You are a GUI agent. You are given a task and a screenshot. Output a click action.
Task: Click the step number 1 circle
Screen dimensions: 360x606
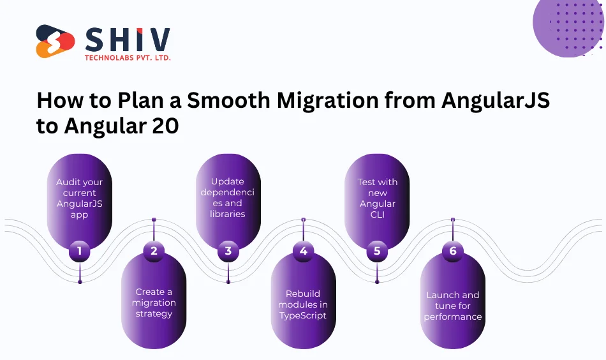tap(80, 251)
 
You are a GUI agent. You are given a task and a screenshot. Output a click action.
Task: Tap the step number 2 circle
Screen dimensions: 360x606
tap(154, 251)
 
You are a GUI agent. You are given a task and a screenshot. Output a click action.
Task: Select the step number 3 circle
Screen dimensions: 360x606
tap(228, 251)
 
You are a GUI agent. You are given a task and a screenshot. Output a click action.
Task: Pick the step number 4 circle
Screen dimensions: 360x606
tap(303, 251)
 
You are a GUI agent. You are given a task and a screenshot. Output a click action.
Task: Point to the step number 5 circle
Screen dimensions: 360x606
tap(377, 251)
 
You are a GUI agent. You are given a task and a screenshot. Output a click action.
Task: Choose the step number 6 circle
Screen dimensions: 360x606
tap(452, 251)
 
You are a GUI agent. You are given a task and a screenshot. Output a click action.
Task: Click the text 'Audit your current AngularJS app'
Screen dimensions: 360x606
tap(80, 199)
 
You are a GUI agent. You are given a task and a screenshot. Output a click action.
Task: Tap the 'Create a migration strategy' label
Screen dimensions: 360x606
tap(154, 303)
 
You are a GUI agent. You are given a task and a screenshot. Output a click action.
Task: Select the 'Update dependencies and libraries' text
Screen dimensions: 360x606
tap(228, 198)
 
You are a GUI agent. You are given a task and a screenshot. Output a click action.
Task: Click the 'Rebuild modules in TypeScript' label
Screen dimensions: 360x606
tap(302, 304)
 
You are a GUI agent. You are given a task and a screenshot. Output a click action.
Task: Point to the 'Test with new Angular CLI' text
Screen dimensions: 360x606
tap(377, 199)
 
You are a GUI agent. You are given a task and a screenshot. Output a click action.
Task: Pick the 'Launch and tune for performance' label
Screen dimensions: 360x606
tap(453, 305)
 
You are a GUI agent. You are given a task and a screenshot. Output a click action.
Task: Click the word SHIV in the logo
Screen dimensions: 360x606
tap(128, 40)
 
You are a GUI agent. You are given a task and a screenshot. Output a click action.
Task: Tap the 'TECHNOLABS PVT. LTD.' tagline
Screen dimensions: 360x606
tap(128, 57)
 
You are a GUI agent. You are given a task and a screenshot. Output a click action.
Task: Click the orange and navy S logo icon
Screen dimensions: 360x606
tap(55, 41)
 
